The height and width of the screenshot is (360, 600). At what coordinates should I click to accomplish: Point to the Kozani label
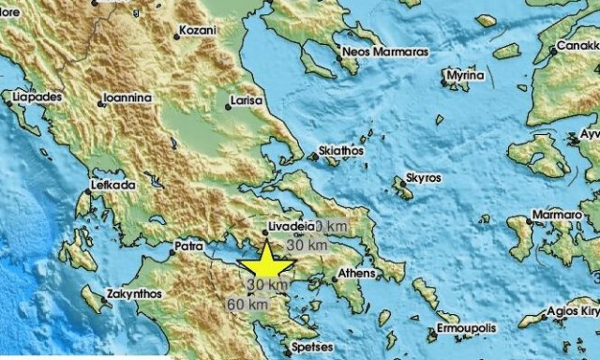point(197,30)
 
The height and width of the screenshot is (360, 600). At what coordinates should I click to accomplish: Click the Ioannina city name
point(128,95)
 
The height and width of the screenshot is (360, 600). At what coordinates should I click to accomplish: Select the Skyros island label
point(425,176)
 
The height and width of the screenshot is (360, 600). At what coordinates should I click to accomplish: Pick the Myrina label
point(465,74)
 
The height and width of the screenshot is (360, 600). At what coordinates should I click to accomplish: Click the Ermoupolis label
point(464,330)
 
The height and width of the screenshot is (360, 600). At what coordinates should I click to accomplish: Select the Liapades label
point(37,96)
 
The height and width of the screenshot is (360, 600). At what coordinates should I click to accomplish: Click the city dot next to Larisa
point(228,105)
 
